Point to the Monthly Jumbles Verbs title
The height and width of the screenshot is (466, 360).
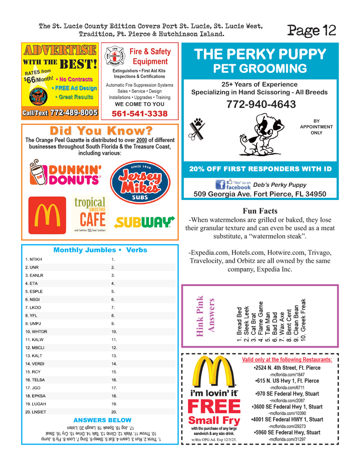pos(100,250)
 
